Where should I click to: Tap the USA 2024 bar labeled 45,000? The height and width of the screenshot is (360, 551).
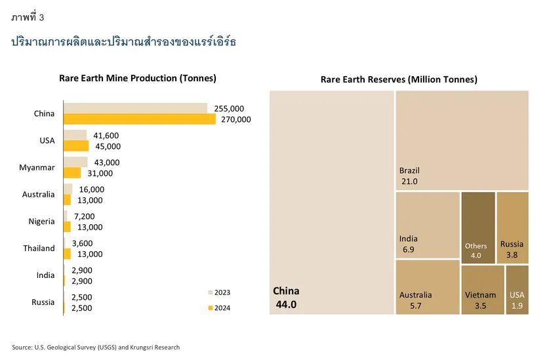tap(75, 146)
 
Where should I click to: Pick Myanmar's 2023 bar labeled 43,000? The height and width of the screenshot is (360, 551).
tap(75, 162)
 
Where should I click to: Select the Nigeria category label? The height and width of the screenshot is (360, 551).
tap(41, 222)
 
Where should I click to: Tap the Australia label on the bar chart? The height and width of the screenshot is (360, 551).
tap(37, 195)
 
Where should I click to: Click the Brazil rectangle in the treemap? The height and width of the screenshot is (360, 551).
tap(462, 140)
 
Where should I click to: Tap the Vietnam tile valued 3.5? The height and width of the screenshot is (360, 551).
tap(482, 289)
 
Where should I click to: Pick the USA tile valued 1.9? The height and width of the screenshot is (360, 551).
tap(517, 289)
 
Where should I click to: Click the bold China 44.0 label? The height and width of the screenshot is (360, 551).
tap(286, 298)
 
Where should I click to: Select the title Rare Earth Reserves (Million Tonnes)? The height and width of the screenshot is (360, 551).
tap(398, 79)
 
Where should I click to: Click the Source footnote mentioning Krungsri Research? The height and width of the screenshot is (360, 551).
tap(96, 347)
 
